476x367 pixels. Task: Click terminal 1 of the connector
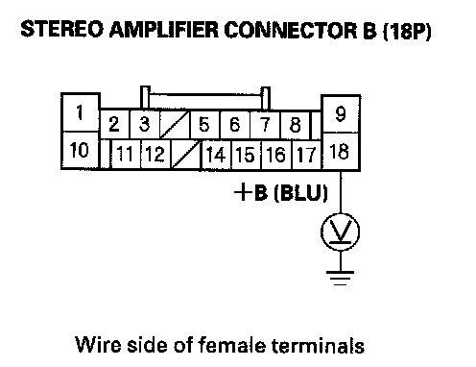tap(81, 112)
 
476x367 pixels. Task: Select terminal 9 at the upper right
tap(341, 113)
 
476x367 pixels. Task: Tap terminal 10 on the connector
tap(81, 150)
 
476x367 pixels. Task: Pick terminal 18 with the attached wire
tap(341, 152)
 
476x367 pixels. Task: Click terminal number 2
tap(115, 124)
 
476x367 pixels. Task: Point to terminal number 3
tap(144, 124)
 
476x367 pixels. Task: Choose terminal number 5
tap(204, 124)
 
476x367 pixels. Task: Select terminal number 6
tap(235, 124)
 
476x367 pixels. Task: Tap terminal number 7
tap(265, 124)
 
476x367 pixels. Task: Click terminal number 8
tap(295, 125)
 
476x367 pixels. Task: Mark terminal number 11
tap(126, 154)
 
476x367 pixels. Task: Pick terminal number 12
tap(155, 154)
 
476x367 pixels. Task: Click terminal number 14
tap(216, 155)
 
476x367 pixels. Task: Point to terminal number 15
tap(246, 155)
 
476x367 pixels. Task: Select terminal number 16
tap(276, 155)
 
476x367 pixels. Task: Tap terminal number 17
tap(306, 155)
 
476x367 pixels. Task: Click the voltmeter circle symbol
tap(340, 232)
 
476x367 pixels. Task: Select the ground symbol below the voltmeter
tap(341, 278)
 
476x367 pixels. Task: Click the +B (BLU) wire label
tap(281, 193)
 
